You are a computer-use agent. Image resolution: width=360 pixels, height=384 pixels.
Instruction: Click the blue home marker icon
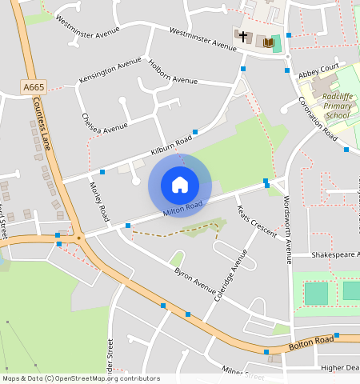point(180,186)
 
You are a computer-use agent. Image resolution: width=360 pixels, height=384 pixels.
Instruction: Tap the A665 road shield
point(34,86)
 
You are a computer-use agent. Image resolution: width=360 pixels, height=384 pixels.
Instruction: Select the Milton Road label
point(183,207)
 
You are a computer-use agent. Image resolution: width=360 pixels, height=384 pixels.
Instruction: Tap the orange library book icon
point(269,42)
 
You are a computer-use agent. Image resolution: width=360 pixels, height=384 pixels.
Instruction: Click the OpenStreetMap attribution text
point(80,378)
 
